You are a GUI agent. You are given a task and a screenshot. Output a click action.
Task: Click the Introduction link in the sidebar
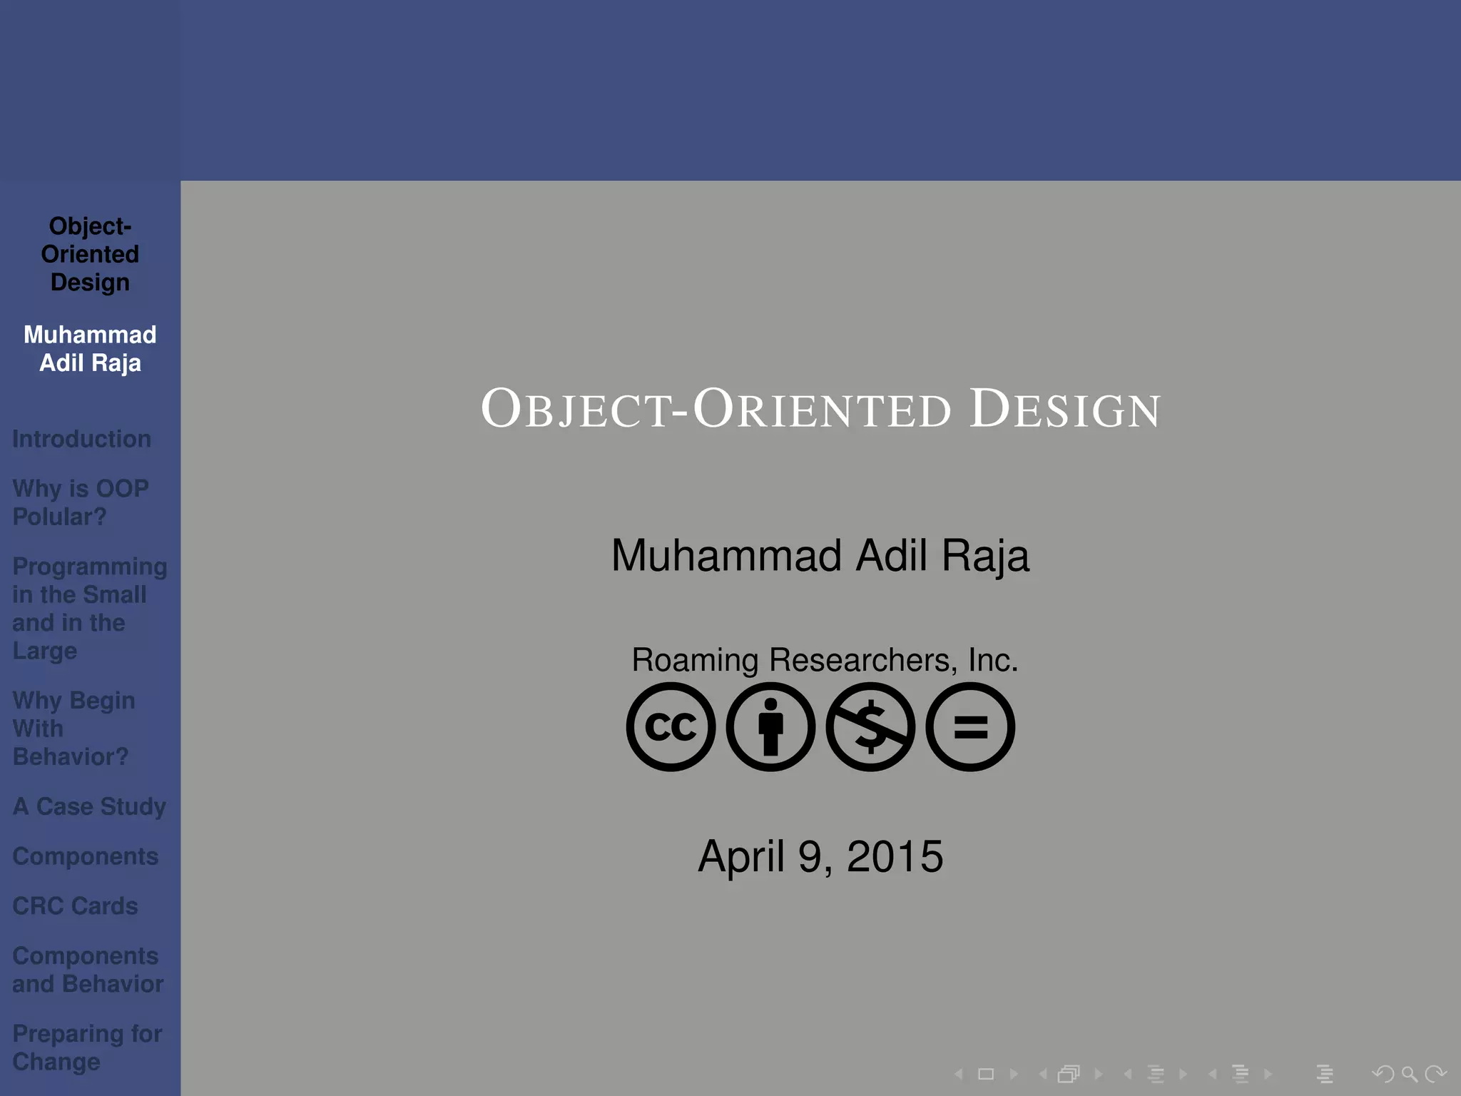coord(81,439)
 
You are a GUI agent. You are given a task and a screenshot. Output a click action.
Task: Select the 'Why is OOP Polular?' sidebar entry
coord(80,502)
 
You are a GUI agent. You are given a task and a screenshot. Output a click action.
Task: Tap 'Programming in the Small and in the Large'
coord(88,608)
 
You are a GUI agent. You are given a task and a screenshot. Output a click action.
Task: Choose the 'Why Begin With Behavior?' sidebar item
coord(73,728)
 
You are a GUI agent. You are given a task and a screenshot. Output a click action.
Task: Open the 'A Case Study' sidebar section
coord(89,806)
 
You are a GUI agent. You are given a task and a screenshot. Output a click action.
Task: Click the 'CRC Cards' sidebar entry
coord(75,905)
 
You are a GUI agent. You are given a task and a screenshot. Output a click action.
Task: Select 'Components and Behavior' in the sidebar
coord(87,970)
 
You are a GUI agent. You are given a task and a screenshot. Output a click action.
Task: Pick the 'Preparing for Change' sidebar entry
coord(86,1047)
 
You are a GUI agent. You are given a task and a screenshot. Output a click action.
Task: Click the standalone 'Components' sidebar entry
coord(85,856)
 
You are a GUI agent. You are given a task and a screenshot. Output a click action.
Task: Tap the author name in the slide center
coord(820,555)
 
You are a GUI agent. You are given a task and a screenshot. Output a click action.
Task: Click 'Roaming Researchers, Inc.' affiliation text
coord(824,660)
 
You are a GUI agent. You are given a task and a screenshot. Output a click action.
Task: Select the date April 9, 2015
coord(820,856)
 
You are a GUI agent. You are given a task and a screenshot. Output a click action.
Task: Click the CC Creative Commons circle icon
coord(671,726)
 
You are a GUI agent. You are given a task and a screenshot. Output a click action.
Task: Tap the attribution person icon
coord(770,726)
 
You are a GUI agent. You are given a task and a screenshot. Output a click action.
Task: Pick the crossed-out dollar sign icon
coord(870,726)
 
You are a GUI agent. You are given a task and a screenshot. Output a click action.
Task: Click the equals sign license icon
coord(970,726)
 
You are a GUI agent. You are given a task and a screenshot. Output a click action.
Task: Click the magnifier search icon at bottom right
coord(1409,1073)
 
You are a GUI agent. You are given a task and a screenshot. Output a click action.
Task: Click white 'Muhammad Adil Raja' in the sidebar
coord(90,349)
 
